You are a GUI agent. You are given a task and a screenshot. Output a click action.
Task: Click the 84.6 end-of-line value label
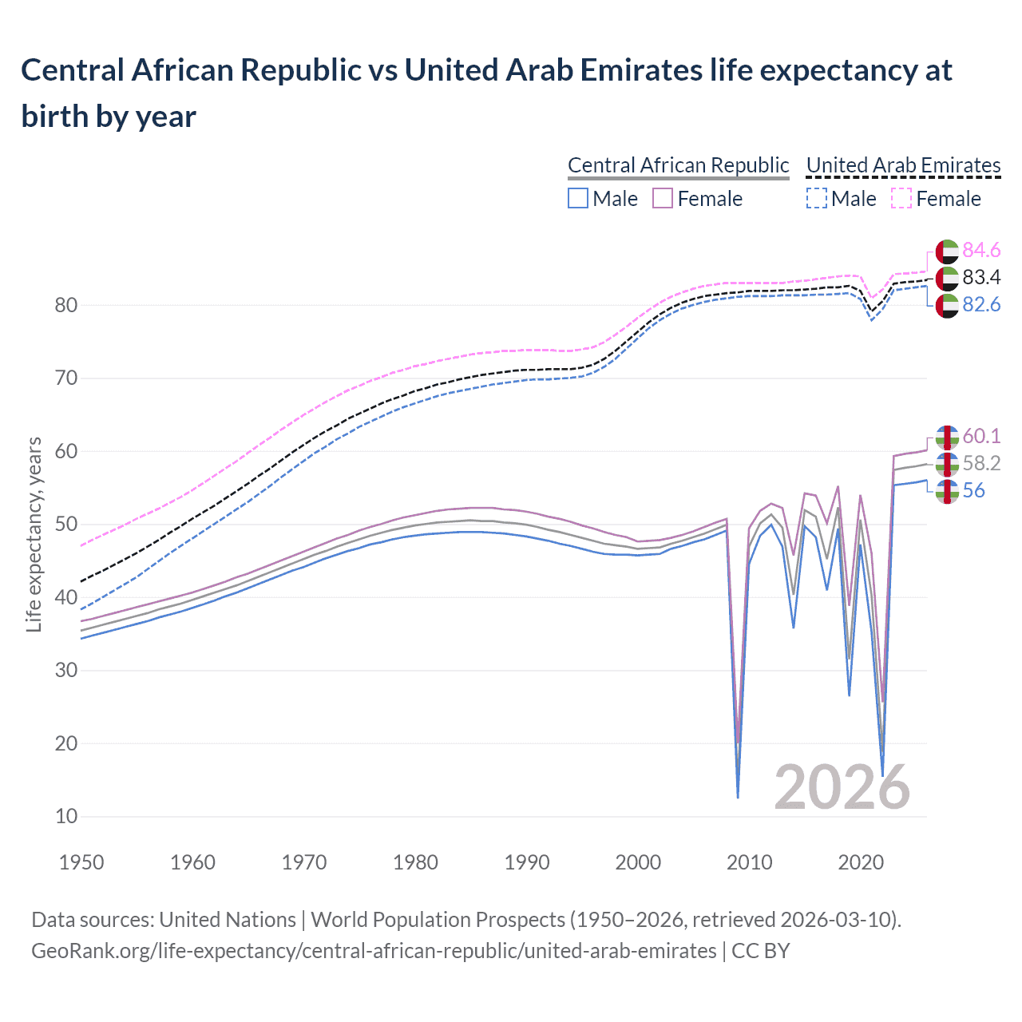click(x=981, y=250)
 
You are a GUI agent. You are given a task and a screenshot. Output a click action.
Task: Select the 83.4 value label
click(x=981, y=277)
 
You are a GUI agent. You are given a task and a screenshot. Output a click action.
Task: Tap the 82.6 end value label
click(x=981, y=304)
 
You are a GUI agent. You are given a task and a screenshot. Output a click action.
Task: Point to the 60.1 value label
click(x=981, y=436)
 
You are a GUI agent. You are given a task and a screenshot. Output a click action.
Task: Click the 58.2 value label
click(x=981, y=463)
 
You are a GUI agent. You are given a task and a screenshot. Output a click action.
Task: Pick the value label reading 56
click(x=973, y=490)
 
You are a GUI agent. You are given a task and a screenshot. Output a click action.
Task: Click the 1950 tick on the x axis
click(x=81, y=862)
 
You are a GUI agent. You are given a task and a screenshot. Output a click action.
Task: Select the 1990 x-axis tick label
click(x=527, y=862)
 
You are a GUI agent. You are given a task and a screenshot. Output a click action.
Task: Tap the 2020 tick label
click(x=861, y=862)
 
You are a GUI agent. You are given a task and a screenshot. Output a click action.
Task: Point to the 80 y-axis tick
click(x=66, y=305)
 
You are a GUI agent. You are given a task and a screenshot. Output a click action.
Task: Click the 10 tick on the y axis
click(x=66, y=816)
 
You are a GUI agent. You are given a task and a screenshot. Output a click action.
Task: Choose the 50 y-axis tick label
click(x=66, y=524)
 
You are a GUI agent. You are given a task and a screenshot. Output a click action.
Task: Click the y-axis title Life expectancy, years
click(x=34, y=535)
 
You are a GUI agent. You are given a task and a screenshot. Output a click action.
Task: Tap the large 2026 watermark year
click(x=842, y=787)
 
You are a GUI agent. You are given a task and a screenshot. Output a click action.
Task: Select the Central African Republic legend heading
click(x=678, y=165)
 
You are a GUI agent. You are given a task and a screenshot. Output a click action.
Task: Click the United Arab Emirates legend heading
click(x=903, y=165)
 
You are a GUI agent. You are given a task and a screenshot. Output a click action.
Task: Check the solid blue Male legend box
click(x=578, y=198)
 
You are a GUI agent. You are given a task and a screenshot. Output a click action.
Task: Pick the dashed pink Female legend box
click(x=901, y=198)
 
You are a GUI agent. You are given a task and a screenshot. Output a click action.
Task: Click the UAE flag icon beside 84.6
click(x=946, y=251)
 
